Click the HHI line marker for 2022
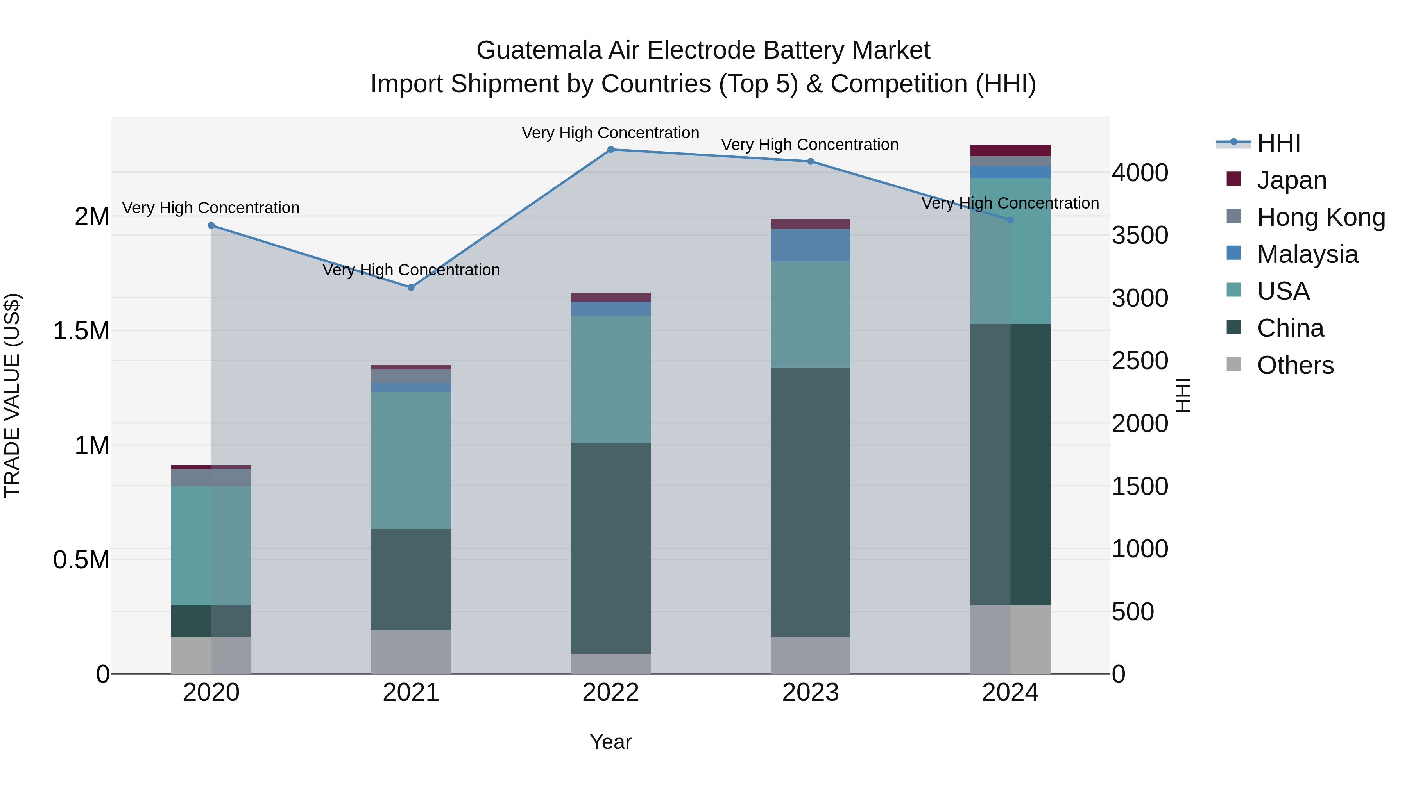[x=610, y=150]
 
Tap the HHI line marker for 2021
[x=411, y=287]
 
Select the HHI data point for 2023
[x=811, y=162]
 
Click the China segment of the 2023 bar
[x=811, y=502]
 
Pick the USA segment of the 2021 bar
[x=411, y=461]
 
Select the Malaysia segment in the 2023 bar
[x=811, y=245]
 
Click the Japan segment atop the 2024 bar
[x=1010, y=151]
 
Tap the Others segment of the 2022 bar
[x=610, y=663]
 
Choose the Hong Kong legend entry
[x=1321, y=217]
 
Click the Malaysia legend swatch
[x=1233, y=253]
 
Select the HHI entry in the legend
[x=1278, y=143]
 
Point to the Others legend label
[x=1295, y=365]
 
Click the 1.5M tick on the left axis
[x=81, y=331]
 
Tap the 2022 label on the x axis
[x=610, y=693]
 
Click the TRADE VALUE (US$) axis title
[x=12, y=395]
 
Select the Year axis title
[x=610, y=742]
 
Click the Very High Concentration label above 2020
[x=211, y=208]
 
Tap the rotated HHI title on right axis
[x=1183, y=395]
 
